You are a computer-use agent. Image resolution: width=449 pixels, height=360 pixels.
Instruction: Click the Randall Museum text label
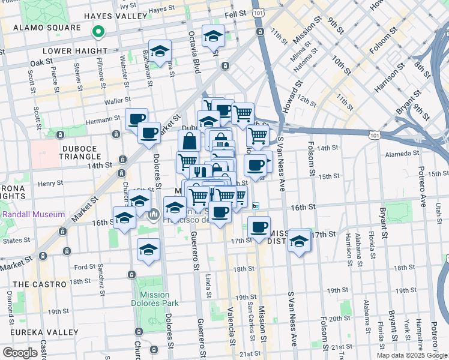click(x=33, y=215)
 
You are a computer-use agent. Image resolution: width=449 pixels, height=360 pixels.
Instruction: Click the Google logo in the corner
click(x=20, y=353)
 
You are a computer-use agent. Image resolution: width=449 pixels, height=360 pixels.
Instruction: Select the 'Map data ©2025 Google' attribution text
click(x=412, y=355)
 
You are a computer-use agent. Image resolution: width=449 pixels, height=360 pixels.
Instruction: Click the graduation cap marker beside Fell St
click(x=213, y=37)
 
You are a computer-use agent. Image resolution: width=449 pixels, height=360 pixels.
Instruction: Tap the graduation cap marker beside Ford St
click(x=148, y=250)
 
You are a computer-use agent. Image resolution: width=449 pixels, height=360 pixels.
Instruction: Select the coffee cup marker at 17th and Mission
click(x=259, y=227)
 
